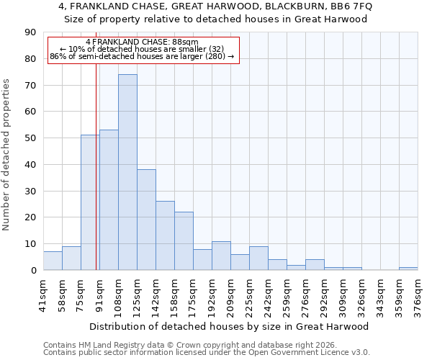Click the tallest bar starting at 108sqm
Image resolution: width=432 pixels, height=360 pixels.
tap(127, 172)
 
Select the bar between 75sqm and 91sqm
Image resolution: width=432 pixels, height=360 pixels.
tap(90, 202)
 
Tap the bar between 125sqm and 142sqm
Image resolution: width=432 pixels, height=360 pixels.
tap(146, 220)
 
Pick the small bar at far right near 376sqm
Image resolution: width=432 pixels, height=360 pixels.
tap(408, 269)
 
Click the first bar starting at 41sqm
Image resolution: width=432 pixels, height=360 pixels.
tap(53, 261)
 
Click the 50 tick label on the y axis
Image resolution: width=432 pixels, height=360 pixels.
tap(30, 138)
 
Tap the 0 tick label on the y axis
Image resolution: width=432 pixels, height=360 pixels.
tap(32, 271)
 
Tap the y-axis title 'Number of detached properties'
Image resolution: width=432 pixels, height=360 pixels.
tap(7, 155)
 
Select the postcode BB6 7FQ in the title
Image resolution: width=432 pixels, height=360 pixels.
tap(348, 6)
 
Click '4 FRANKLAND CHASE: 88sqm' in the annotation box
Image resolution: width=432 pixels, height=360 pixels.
tap(142, 42)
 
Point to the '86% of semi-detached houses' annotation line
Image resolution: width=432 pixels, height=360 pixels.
tap(142, 56)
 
